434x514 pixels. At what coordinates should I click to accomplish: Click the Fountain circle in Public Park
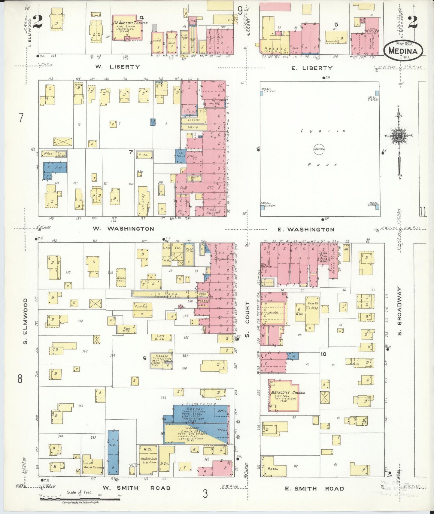pyautogui.click(x=319, y=149)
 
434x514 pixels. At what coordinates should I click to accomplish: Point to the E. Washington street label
pyautogui.click(x=306, y=230)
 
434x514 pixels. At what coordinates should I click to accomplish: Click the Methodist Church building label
pyautogui.click(x=288, y=393)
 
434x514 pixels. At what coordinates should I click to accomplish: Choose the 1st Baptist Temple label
pyautogui.click(x=130, y=23)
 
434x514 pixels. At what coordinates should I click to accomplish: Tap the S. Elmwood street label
pyautogui.click(x=26, y=321)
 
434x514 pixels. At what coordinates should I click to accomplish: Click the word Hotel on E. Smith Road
pyautogui.click(x=273, y=469)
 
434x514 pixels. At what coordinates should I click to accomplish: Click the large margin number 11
pyautogui.click(x=423, y=212)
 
